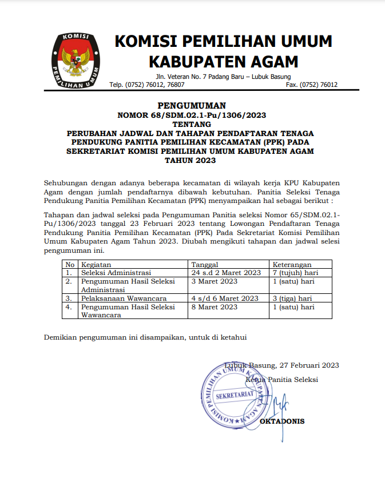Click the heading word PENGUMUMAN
[192, 105]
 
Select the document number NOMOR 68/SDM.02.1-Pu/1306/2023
[192, 115]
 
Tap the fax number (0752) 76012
[312, 85]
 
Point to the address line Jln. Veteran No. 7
[223, 77]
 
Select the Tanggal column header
[205, 265]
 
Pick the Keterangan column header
[292, 265]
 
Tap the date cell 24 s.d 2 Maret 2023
[226, 273]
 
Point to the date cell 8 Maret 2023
[214, 307]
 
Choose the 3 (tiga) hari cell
[292, 298]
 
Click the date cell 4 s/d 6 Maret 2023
[225, 298]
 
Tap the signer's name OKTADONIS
[282, 421]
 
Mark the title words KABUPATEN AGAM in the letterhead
[223, 61]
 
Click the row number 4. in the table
[69, 307]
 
